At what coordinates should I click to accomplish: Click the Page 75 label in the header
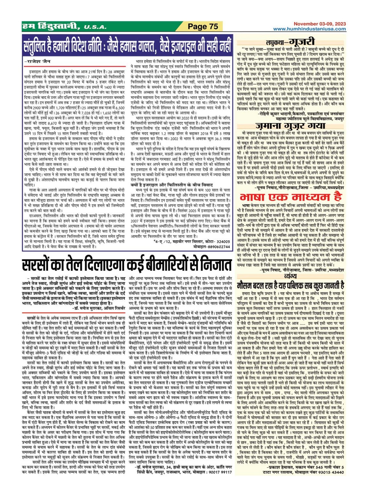point(203,26)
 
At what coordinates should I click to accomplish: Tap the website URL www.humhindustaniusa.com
point(309,29)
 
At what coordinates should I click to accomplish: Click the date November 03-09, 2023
point(320,24)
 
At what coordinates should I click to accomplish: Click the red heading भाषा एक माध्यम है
point(291,197)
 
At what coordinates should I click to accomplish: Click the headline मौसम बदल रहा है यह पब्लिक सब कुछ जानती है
point(291,285)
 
